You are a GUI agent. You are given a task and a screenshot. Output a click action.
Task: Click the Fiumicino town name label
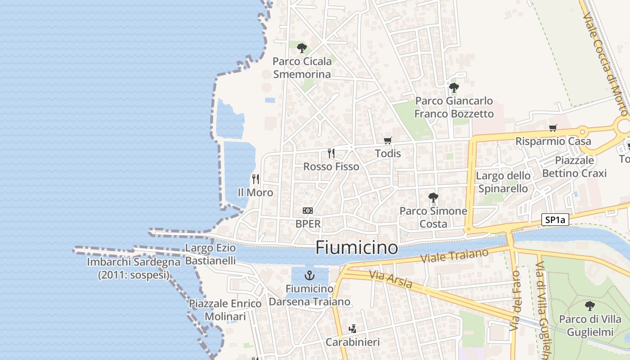click(x=357, y=247)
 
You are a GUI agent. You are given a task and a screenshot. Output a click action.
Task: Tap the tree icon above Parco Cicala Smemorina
click(x=302, y=48)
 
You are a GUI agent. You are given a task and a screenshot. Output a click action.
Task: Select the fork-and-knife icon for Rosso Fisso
click(x=331, y=153)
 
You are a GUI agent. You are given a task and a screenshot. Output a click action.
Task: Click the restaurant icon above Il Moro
click(x=256, y=179)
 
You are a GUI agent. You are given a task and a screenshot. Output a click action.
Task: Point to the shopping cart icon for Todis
click(x=388, y=140)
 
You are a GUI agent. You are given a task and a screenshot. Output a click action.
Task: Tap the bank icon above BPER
click(x=308, y=210)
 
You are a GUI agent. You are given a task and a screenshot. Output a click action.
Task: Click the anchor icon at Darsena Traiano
click(x=310, y=275)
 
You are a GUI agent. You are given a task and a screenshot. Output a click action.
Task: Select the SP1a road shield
click(x=555, y=220)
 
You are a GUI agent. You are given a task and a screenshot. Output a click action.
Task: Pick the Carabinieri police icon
click(x=353, y=329)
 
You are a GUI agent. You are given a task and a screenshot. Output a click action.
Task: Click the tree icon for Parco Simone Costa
click(x=433, y=197)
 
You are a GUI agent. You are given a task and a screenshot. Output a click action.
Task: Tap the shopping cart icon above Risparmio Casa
click(x=553, y=128)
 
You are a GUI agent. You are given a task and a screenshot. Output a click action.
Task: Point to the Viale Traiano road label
click(x=454, y=256)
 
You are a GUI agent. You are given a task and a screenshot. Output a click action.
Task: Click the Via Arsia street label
click(x=390, y=279)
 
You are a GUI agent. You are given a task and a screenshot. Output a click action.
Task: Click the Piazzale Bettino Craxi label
click(x=574, y=166)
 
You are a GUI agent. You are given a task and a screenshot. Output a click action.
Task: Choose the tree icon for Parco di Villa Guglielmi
click(x=589, y=306)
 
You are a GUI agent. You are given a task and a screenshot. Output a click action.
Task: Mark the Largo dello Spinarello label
click(x=503, y=182)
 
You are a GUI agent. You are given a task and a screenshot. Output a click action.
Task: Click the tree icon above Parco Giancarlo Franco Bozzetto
click(x=454, y=87)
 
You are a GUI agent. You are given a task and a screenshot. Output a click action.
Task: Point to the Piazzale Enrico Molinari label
click(x=225, y=310)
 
